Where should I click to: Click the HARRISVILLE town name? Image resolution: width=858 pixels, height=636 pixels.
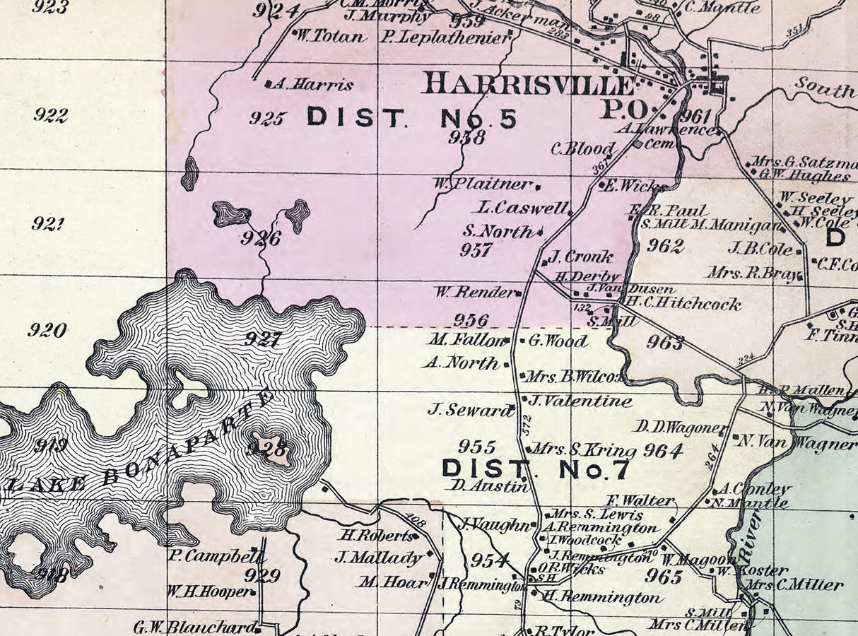click(x=529, y=84)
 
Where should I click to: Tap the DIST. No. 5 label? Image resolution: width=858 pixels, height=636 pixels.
click(x=411, y=117)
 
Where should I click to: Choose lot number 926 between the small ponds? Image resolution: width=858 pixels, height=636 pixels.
click(x=260, y=238)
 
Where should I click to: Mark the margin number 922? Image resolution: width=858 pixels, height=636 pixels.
click(x=50, y=115)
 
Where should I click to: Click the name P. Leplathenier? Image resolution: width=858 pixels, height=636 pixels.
click(x=445, y=37)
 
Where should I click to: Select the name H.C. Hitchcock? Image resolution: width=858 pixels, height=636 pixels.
click(x=683, y=305)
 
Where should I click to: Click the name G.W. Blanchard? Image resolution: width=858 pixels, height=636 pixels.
click(x=194, y=627)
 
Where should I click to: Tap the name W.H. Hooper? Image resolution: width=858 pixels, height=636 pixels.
click(x=209, y=591)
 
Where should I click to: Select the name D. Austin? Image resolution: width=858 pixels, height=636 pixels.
click(x=489, y=485)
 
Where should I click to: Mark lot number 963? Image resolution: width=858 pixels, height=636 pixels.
click(x=665, y=343)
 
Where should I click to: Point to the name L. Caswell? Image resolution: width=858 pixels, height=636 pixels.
click(x=523, y=208)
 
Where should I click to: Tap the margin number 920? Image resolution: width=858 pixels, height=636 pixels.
click(x=47, y=330)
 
